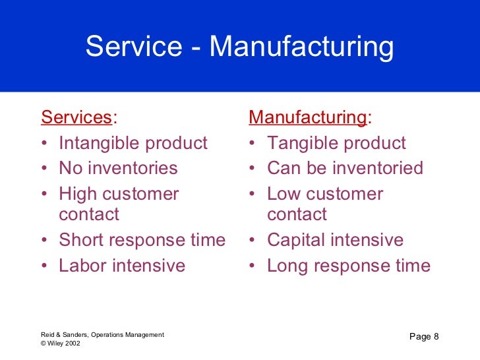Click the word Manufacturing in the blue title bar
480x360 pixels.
[x=301, y=47]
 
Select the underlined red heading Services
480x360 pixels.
[x=76, y=118]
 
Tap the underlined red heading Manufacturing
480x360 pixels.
[x=308, y=118]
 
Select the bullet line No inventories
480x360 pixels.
[x=118, y=168]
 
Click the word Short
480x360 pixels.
[x=82, y=240]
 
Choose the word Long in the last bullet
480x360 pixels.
[x=289, y=266]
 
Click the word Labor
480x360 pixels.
[x=82, y=266]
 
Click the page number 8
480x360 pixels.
[x=436, y=338]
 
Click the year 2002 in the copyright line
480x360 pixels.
[x=73, y=344]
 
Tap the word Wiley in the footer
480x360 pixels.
[x=55, y=344]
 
